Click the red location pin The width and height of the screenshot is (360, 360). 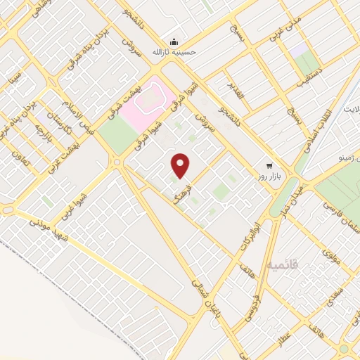[x=181, y=165]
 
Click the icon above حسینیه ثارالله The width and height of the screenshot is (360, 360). [x=174, y=40]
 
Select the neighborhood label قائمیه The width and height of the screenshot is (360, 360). [x=283, y=265]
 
